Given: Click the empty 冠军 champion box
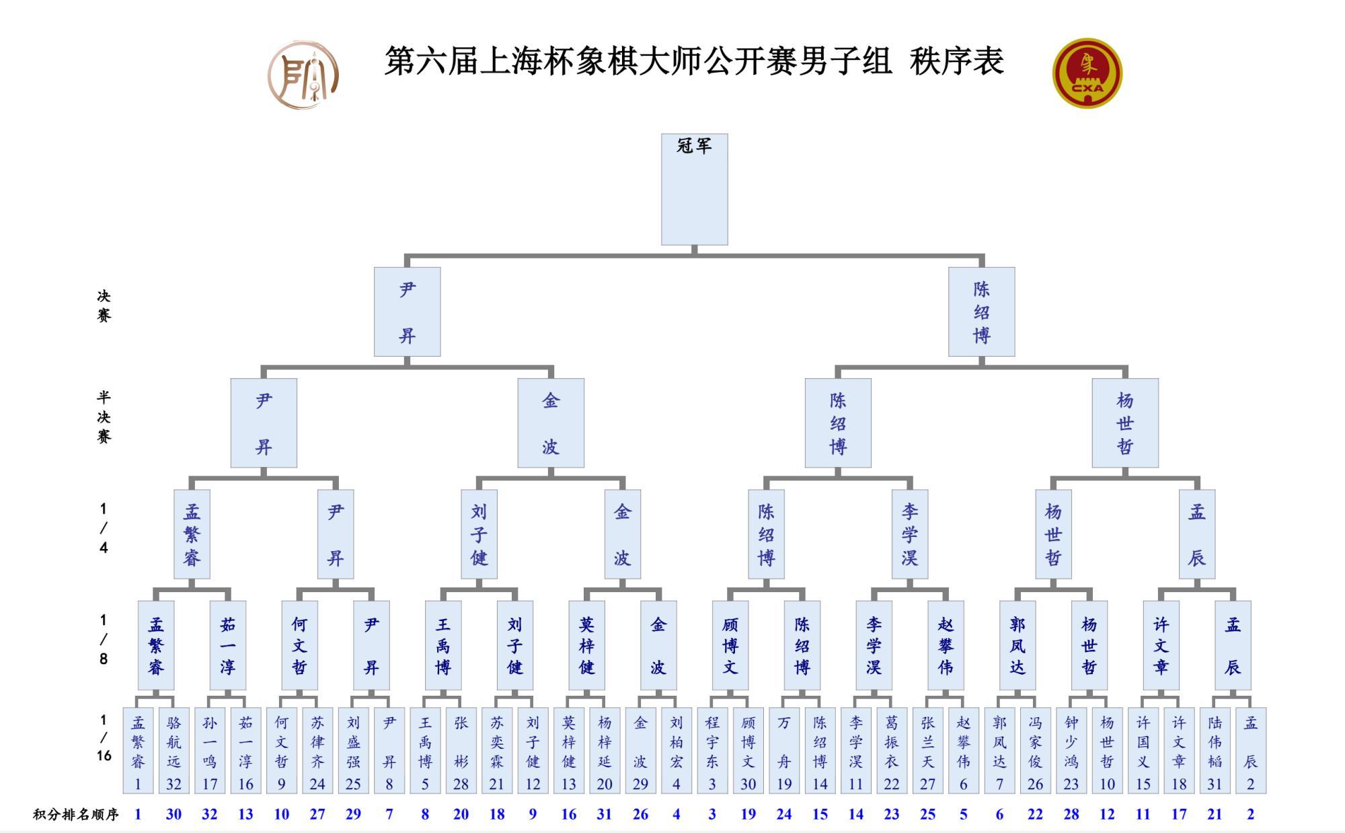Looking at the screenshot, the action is coord(694,189).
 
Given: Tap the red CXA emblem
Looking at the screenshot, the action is coord(1087,73).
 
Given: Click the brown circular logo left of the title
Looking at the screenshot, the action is coord(303,75).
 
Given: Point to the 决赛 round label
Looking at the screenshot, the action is coord(104,305).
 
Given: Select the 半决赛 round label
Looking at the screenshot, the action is coord(104,416).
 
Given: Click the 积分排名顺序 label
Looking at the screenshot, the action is coord(76,814).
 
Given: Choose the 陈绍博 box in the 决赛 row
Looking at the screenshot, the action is coord(981,312).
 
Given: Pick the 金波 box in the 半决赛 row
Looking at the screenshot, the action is coord(551,423).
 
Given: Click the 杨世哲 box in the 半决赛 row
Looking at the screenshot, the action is coord(1125,423).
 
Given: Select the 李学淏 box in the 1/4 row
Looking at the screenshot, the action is coord(910,534).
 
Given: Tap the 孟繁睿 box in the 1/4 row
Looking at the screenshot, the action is coord(192,534).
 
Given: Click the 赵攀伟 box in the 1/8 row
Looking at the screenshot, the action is coord(946,645).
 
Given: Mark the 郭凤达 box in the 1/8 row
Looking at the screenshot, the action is coord(1017,645).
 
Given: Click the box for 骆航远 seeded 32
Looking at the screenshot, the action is coord(174,750).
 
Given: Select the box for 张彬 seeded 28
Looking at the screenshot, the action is coord(461,750).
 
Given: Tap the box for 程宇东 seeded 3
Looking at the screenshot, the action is coord(712,750).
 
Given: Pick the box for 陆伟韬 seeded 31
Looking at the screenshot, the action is coord(1215,750).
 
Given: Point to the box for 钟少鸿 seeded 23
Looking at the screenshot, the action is coord(1071,750).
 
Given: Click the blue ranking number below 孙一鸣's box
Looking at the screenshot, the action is coord(210,814).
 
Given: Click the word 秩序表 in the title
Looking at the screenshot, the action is coord(956,61).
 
